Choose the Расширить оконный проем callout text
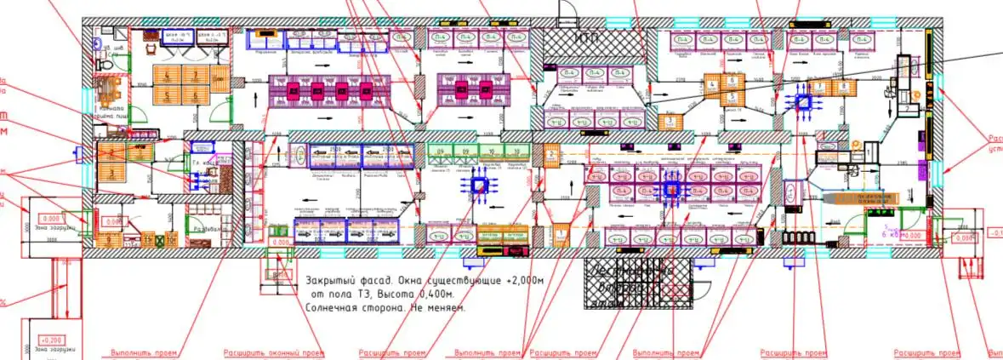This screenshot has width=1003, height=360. tap(273, 352)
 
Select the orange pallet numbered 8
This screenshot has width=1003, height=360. tap(842, 87)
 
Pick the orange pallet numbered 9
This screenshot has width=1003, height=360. tap(115, 149)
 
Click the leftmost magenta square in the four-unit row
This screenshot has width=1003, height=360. tap(295, 89)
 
